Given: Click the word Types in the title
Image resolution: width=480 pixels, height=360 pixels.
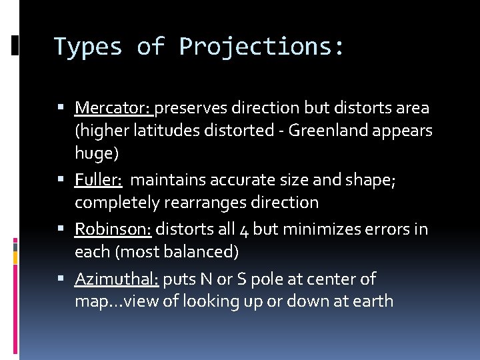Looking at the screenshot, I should point(88,47).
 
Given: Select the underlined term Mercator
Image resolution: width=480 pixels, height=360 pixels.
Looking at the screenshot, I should point(114,107).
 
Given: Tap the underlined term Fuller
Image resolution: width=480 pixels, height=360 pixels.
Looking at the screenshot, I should point(98,180).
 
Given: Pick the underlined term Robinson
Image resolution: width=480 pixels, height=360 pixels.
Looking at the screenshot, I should point(113,229).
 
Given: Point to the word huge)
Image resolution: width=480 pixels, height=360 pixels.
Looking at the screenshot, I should point(97,154).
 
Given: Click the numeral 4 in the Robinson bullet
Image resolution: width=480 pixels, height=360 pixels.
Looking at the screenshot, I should point(243,230).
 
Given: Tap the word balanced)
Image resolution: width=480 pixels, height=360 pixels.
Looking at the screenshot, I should point(207,253).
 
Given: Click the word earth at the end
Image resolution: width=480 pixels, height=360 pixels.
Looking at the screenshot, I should point(373,301).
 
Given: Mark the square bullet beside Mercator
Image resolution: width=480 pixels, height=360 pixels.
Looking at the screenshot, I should point(61,107).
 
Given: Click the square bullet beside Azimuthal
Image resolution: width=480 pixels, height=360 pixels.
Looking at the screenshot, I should point(61,279).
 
